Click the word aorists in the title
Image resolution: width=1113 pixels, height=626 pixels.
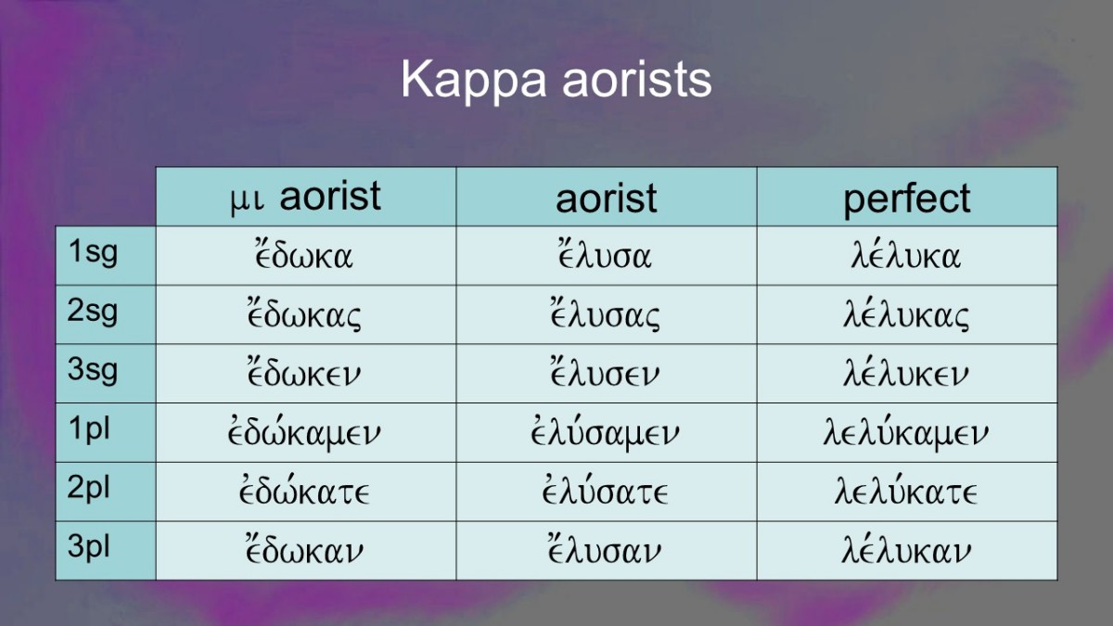pos(637,81)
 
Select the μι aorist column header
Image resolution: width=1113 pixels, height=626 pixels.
pos(305,198)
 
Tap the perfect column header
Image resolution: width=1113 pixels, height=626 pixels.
pos(907,198)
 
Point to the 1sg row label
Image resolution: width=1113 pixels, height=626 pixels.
pos(93,252)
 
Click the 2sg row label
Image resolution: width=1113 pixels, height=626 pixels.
pos(93,311)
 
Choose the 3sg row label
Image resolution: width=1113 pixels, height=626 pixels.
pos(93,370)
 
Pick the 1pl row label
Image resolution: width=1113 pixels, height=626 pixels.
pos(89,429)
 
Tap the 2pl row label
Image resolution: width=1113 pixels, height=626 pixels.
pos(88,489)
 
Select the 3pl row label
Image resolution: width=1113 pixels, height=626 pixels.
pos(88,547)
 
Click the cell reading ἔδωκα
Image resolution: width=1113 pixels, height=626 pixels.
pos(304,254)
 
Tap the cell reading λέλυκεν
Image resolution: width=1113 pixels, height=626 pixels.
pos(906,373)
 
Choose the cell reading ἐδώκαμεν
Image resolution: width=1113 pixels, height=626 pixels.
pos(304,432)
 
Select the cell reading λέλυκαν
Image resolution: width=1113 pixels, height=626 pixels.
pos(906,550)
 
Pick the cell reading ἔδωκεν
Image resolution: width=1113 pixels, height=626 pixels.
pos(304,373)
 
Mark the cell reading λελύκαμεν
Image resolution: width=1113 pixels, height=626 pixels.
pos(906,432)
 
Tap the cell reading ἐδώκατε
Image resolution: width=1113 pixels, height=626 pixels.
pos(304,491)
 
